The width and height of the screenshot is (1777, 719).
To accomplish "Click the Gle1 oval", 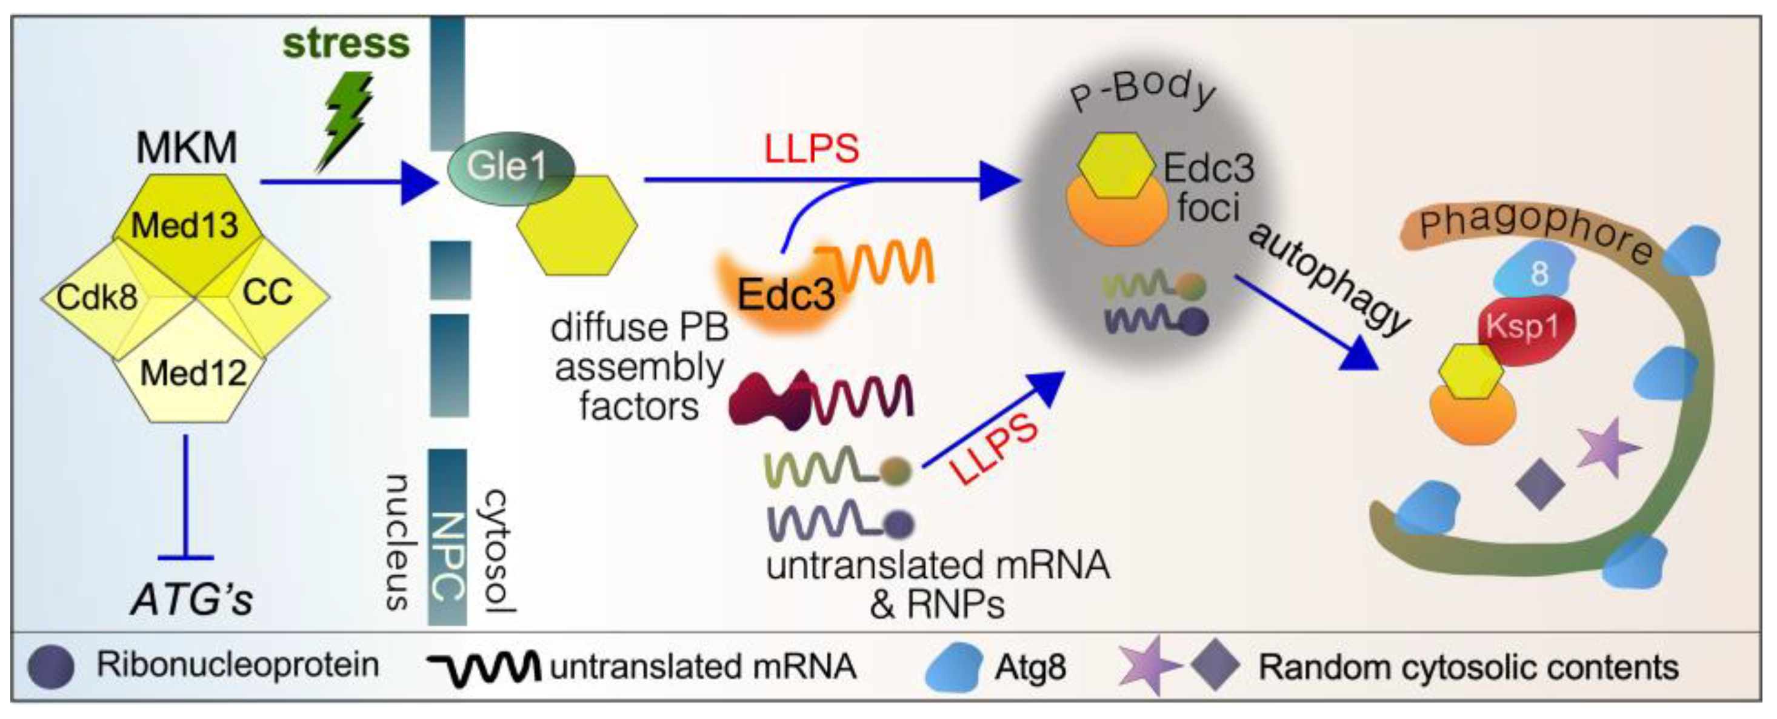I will tap(508, 166).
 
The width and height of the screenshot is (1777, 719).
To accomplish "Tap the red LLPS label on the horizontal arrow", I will tap(812, 149).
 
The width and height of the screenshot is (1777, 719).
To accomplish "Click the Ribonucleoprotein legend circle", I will tap(50, 667).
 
